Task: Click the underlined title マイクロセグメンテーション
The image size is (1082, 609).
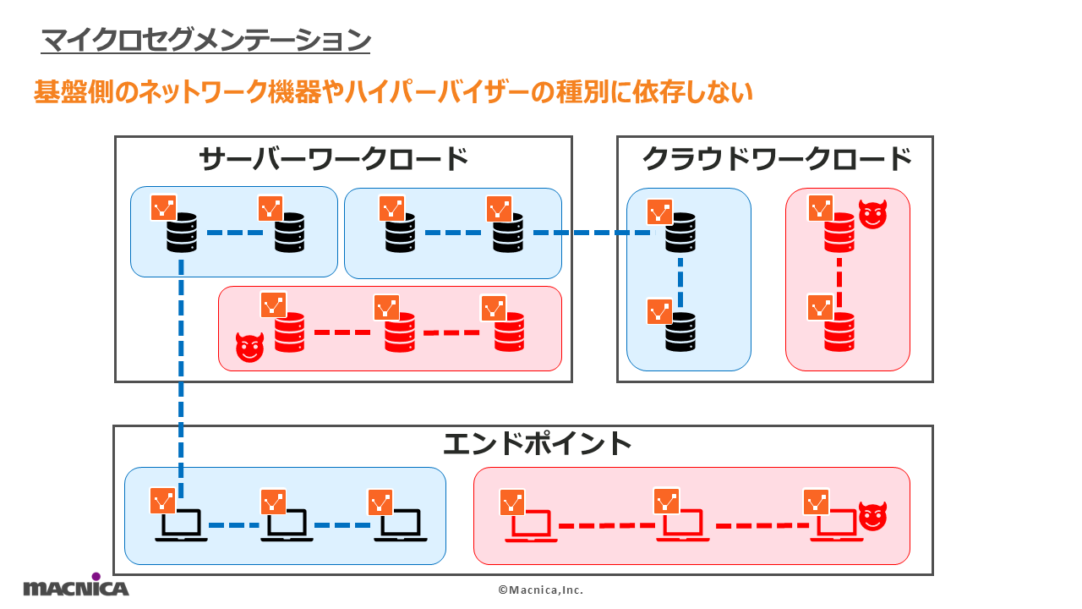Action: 205,40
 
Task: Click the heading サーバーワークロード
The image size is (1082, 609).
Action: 333,159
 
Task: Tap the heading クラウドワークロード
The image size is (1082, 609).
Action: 777,159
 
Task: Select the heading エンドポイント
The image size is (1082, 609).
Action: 538,443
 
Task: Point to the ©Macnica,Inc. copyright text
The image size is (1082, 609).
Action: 540,590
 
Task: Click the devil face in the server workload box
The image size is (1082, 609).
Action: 250,348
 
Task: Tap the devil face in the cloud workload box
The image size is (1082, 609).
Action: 873,215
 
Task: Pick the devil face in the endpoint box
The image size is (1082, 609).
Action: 872,516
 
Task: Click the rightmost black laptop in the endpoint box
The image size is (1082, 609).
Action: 401,525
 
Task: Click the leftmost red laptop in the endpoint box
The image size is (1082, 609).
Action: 531,527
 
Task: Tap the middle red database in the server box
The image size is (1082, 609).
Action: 400,332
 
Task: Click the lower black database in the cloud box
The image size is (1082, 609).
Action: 680,332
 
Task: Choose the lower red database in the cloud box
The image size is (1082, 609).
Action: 839,332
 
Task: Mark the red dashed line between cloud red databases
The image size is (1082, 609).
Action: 839,283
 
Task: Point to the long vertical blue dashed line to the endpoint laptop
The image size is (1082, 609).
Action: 182,381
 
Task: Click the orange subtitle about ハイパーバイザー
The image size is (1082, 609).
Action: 393,92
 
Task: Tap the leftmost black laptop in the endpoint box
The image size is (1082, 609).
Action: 181,525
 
